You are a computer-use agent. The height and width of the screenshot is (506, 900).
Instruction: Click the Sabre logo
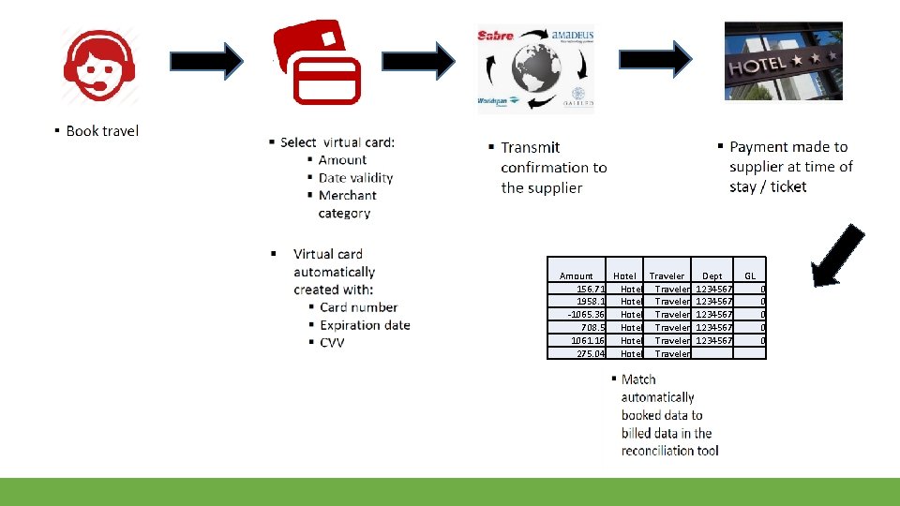(x=496, y=37)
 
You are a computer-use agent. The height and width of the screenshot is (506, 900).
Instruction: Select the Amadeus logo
(x=572, y=36)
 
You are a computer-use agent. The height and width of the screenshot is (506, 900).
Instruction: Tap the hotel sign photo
(x=783, y=61)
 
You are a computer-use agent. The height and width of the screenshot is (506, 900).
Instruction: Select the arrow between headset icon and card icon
(x=206, y=63)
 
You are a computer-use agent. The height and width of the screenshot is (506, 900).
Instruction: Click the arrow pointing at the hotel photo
(x=656, y=61)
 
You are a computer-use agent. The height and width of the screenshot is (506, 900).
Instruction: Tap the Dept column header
(x=712, y=275)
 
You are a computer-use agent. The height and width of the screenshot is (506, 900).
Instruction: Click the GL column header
(x=750, y=275)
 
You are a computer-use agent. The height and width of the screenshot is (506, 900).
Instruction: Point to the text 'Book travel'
(x=102, y=131)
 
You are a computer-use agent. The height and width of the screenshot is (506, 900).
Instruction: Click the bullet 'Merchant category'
(x=347, y=203)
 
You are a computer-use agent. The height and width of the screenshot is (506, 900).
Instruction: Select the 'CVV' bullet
(x=332, y=343)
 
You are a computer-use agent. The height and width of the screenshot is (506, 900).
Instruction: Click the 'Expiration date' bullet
(x=365, y=325)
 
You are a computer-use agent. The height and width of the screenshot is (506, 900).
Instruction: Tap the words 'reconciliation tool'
(x=669, y=451)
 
